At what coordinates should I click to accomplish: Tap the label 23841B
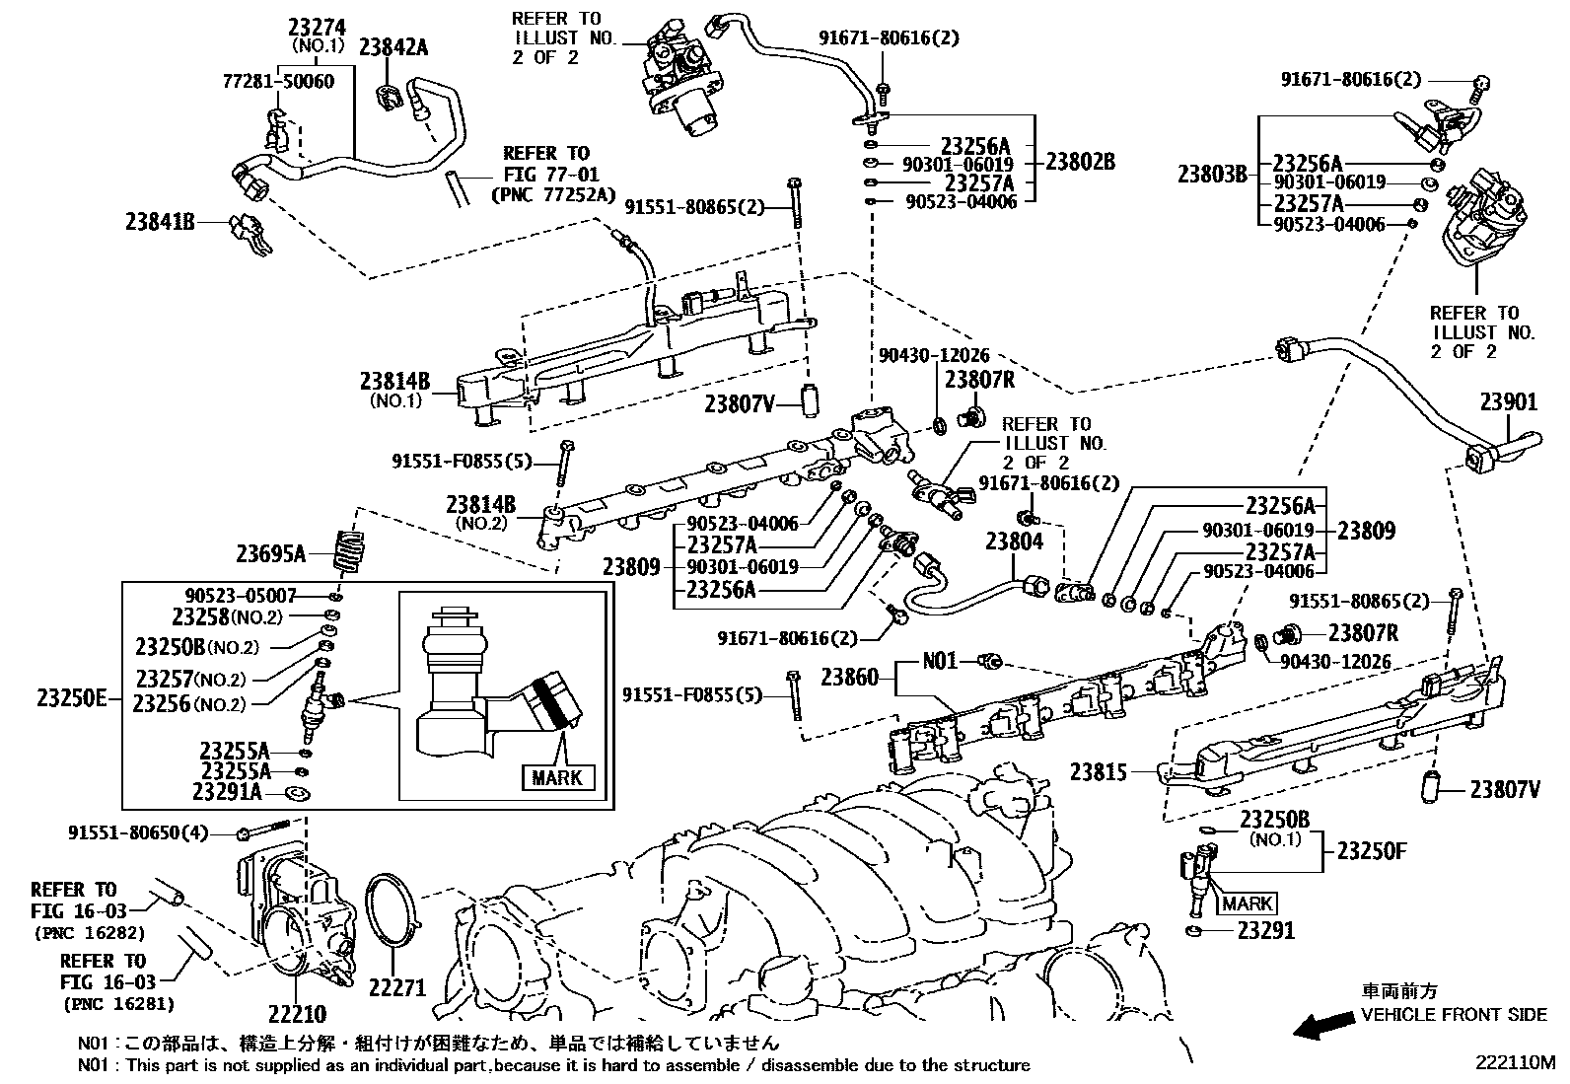point(160,222)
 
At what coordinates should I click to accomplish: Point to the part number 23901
point(1508,401)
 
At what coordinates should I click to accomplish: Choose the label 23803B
point(1212,176)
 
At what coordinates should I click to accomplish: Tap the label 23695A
point(271,553)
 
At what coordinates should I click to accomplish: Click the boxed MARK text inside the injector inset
point(557,777)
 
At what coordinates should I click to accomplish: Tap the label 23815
point(1098,771)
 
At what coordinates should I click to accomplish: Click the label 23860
point(849,677)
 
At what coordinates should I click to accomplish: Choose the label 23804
point(1014,541)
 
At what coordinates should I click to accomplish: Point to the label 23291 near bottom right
point(1266,930)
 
